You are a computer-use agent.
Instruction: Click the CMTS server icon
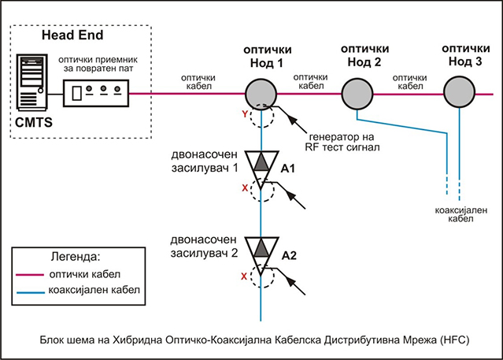click(32, 83)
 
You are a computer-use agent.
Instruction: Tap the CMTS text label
click(33, 124)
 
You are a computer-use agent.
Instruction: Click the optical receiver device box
click(97, 94)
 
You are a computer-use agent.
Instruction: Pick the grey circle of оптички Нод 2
click(357, 95)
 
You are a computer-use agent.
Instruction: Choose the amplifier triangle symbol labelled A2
click(260, 249)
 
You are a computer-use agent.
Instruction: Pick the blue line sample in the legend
click(37, 291)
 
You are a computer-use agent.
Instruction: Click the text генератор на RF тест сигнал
click(346, 139)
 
